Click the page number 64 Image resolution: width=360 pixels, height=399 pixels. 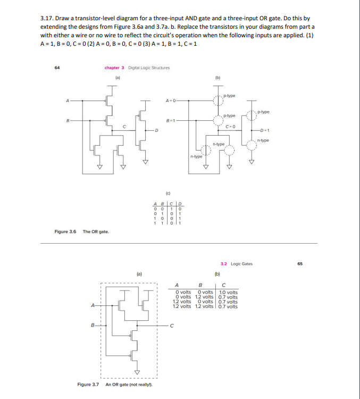(57, 68)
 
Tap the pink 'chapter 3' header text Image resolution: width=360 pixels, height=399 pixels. (114, 68)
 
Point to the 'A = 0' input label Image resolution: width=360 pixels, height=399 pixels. (171, 100)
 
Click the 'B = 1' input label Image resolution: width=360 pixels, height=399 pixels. (171, 120)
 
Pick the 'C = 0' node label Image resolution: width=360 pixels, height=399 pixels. (230, 125)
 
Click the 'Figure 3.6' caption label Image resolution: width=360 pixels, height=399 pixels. (65, 231)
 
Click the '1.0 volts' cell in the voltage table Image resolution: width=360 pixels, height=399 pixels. (229, 292)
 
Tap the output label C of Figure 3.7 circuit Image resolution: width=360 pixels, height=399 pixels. (172, 326)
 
